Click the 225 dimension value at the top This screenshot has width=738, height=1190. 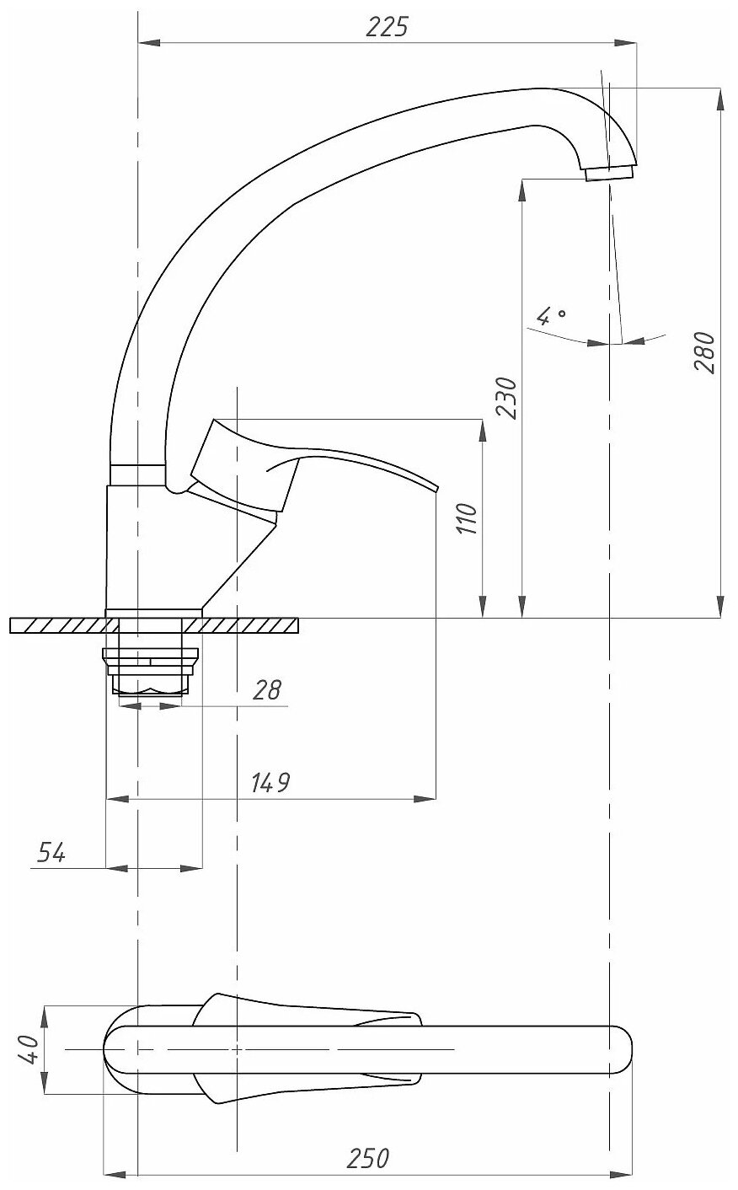coord(387,27)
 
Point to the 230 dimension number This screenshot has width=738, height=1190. coord(506,395)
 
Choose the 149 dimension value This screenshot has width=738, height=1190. coord(270,783)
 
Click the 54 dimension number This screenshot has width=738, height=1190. coord(51,853)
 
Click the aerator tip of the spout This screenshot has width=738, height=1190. coord(609,173)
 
